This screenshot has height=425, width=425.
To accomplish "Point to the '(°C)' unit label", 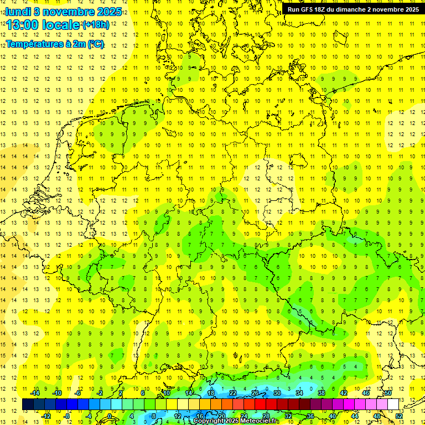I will point(95,44).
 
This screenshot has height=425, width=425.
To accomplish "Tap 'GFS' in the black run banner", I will point(310,9).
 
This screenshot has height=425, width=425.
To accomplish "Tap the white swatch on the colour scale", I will point(393,405).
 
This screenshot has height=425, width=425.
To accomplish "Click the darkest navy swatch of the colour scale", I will point(28,405).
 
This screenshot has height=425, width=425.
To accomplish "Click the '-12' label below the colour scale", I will point(46,416).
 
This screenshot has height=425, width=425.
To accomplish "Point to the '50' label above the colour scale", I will point(388,393).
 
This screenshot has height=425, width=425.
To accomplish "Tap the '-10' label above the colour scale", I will point(56,393).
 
